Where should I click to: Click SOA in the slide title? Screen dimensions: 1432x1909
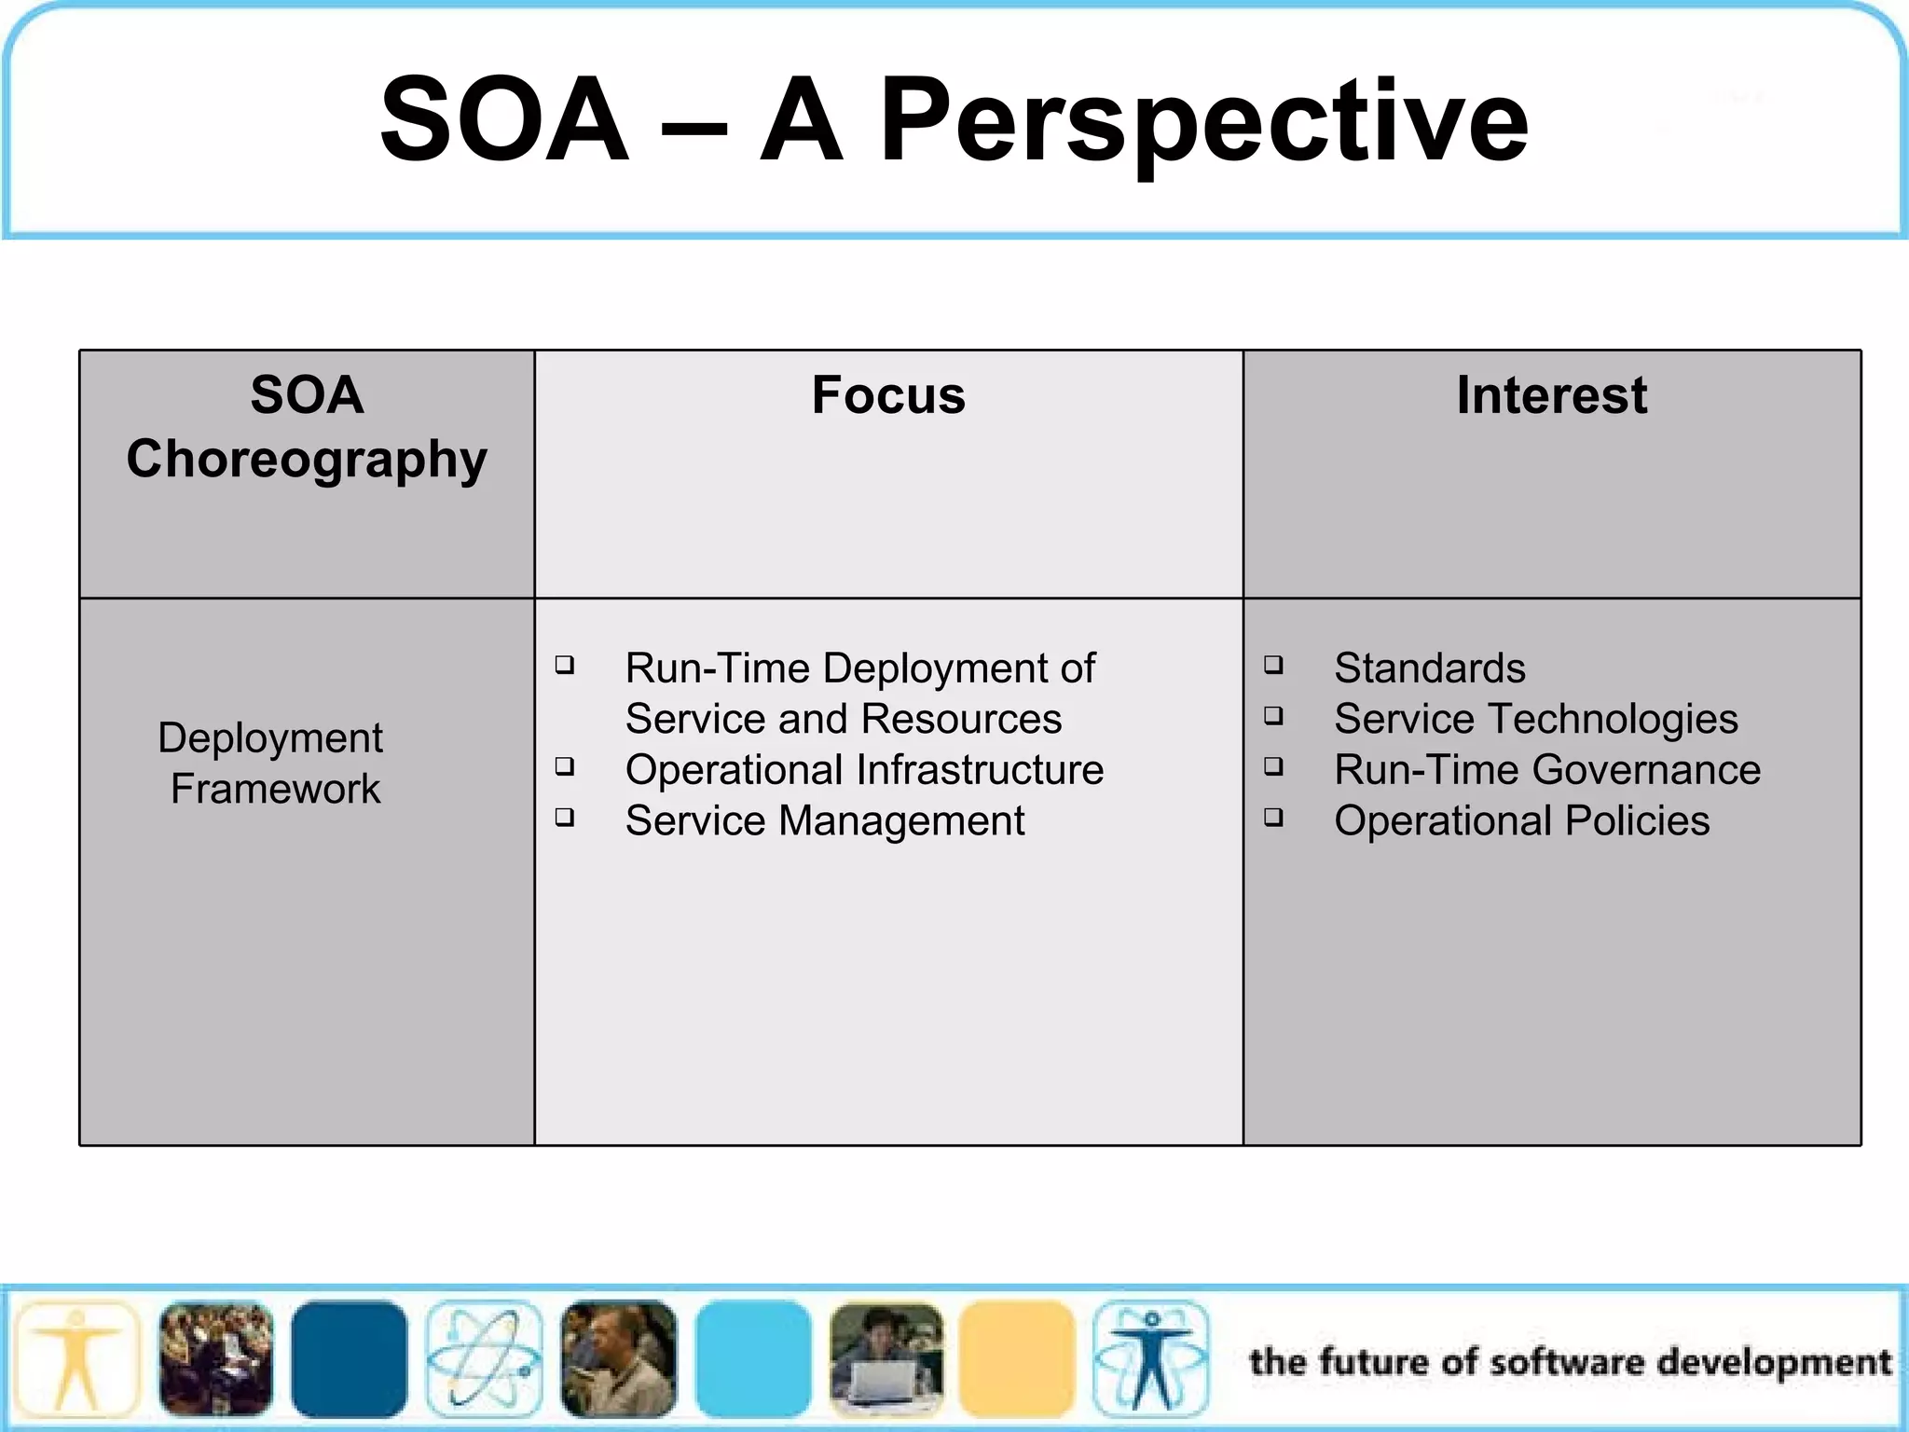pos(504,121)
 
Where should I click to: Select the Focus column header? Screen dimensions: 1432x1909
pos(888,394)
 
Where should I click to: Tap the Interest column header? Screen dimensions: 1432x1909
pos(1551,394)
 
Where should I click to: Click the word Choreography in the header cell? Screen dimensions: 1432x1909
pos(307,459)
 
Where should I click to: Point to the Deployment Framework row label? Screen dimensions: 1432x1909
pos(271,763)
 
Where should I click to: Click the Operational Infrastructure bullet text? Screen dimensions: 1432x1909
pos(864,770)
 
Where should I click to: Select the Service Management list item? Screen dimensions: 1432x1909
pos(824,821)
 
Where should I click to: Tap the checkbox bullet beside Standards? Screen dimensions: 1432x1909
pos(1273,665)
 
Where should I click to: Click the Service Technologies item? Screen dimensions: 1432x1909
pos(1535,719)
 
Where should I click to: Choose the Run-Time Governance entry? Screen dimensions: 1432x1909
pos(1546,770)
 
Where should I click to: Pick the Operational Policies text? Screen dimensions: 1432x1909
pos(1521,821)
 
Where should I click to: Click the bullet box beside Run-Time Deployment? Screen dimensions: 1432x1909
pos(564,665)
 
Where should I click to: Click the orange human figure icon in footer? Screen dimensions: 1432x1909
pos(77,1359)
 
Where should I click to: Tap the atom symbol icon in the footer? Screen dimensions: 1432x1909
pos(484,1359)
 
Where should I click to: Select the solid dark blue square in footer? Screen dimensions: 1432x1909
pos(349,1359)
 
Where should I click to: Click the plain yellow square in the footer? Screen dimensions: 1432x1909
pos(1017,1359)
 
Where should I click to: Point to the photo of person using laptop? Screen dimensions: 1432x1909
pos(886,1359)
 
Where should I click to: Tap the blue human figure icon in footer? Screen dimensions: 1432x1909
pos(1151,1359)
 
